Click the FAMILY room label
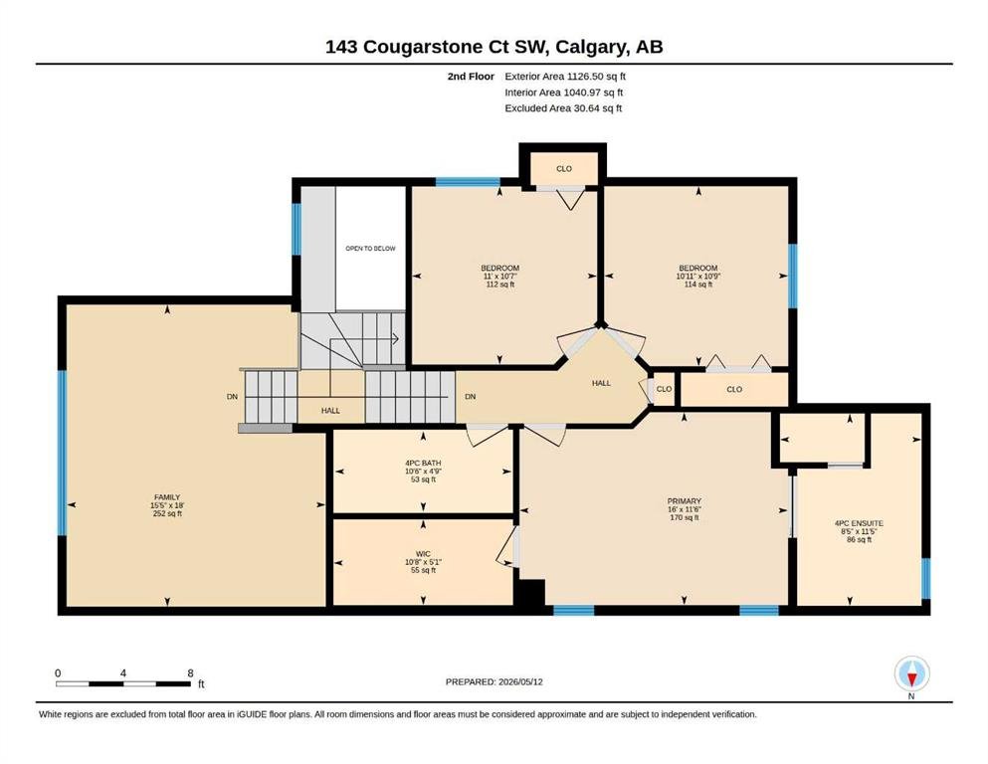167,497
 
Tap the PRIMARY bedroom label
685,501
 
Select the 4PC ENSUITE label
859,523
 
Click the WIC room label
423,554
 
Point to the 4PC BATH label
423,463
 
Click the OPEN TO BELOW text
370,248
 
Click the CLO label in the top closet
564,169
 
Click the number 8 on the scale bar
190,673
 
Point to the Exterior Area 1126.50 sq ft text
565,77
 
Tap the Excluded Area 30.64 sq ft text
563,108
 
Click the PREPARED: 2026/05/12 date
494,681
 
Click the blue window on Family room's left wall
62,453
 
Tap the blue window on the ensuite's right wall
925,578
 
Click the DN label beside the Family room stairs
233,397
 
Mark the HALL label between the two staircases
330,411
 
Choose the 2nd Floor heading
471,77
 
